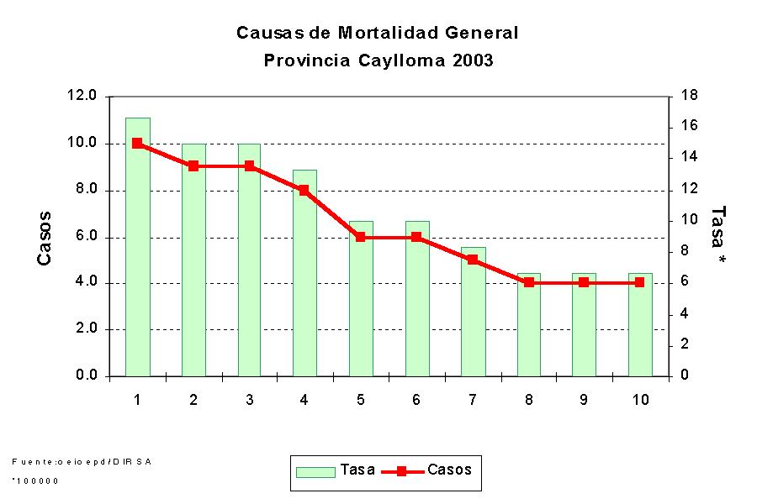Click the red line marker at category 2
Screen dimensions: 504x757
point(193,166)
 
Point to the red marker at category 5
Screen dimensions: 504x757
point(361,237)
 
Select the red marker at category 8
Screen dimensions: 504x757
point(528,282)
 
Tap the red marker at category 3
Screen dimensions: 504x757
point(250,166)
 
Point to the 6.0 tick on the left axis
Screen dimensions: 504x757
point(86,237)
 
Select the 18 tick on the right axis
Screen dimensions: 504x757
point(690,96)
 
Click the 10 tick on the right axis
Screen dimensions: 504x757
point(690,220)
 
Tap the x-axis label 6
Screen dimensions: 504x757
point(416,400)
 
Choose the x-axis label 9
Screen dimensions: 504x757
point(584,400)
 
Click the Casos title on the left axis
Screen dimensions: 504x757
point(45,238)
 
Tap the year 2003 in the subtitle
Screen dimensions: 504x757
point(472,60)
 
